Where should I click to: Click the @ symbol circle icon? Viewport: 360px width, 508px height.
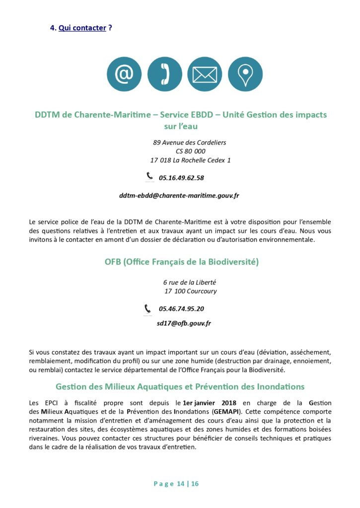[124, 74]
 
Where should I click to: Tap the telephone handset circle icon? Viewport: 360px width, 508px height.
[165, 74]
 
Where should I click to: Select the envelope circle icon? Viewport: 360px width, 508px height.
[205, 74]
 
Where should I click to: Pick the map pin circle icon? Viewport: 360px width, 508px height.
[245, 74]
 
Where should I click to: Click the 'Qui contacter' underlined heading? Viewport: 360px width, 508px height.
[82, 28]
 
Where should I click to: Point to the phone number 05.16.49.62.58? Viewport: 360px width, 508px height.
[181, 178]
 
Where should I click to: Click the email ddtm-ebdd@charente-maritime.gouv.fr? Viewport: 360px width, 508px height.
[179, 195]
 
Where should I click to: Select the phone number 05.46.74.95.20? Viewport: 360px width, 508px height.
[181, 309]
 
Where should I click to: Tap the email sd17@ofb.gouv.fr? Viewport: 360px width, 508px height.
[184, 323]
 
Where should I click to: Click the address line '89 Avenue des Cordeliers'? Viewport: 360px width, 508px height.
[189, 142]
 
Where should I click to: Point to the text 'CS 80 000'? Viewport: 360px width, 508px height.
[190, 151]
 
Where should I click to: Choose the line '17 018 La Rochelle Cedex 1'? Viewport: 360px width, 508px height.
[190, 160]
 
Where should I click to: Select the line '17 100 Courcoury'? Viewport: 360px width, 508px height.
[190, 291]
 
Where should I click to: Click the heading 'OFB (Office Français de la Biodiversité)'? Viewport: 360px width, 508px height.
[182, 261]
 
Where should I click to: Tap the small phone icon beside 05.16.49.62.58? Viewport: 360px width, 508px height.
[149, 176]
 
